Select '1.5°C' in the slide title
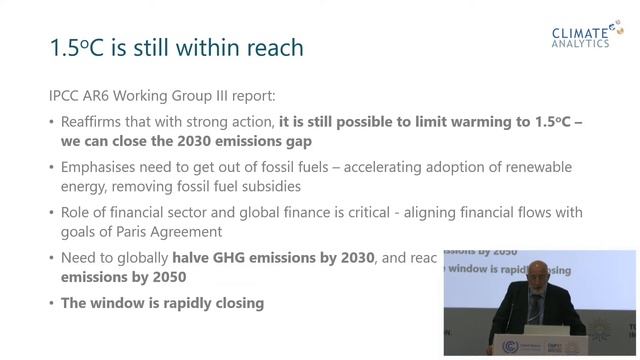coord(77,47)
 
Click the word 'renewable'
coord(567,167)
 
